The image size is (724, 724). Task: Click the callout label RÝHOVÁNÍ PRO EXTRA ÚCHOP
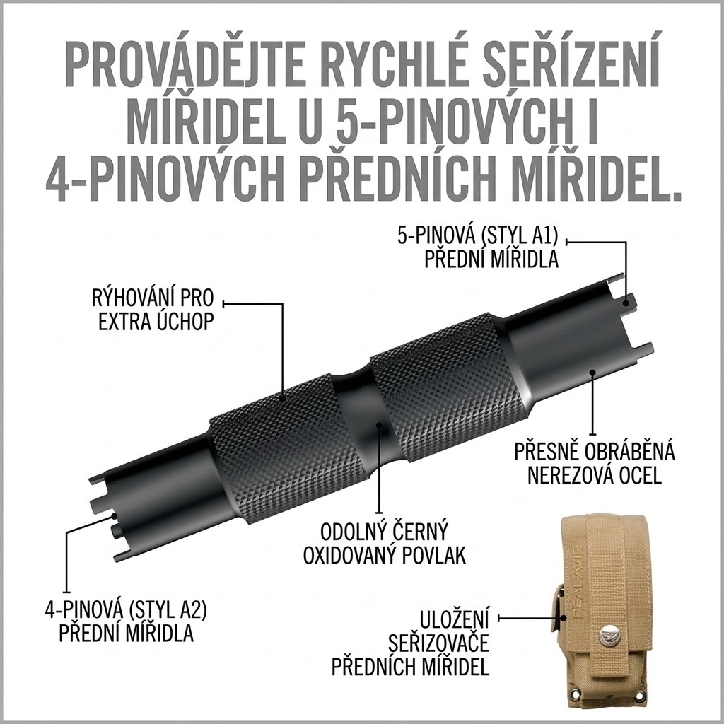click(x=153, y=310)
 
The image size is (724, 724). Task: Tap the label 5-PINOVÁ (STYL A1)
click(x=477, y=235)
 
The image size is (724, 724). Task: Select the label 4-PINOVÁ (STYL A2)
click(x=126, y=610)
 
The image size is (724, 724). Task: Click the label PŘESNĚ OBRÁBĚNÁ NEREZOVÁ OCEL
click(x=595, y=462)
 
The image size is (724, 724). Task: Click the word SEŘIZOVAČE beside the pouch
click(x=438, y=643)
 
